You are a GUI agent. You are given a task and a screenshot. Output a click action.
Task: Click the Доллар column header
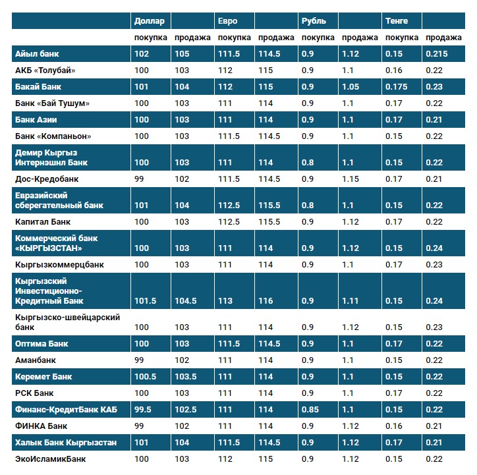pyautogui.click(x=149, y=21)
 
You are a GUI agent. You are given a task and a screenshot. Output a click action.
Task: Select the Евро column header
pyautogui.click(x=228, y=21)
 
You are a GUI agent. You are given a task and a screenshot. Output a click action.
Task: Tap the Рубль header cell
pyautogui.click(x=314, y=21)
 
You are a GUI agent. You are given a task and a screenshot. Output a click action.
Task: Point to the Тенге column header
pyautogui.click(x=397, y=21)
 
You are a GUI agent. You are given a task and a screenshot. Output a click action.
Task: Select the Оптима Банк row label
pyautogui.click(x=42, y=344)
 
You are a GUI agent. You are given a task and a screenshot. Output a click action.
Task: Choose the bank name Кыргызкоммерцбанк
pyautogui.click(x=59, y=265)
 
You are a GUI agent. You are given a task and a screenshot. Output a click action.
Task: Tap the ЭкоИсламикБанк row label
pyautogui.click(x=51, y=459)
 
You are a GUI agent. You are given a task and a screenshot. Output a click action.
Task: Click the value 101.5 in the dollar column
pyautogui.click(x=145, y=301)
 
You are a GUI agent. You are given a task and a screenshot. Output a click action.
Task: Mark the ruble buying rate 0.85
pyautogui.click(x=310, y=410)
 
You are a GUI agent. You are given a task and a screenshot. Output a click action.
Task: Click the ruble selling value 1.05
pyautogui.click(x=351, y=87)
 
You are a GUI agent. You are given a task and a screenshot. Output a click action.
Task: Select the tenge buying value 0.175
pyautogui.click(x=397, y=87)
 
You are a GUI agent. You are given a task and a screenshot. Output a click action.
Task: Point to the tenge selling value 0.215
pyautogui.click(x=437, y=54)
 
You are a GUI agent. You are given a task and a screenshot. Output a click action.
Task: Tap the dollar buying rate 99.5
pyautogui.click(x=143, y=410)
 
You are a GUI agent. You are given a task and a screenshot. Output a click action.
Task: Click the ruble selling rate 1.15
pyautogui.click(x=351, y=179)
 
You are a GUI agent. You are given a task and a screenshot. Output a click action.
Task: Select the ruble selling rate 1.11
pyautogui.click(x=351, y=301)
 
